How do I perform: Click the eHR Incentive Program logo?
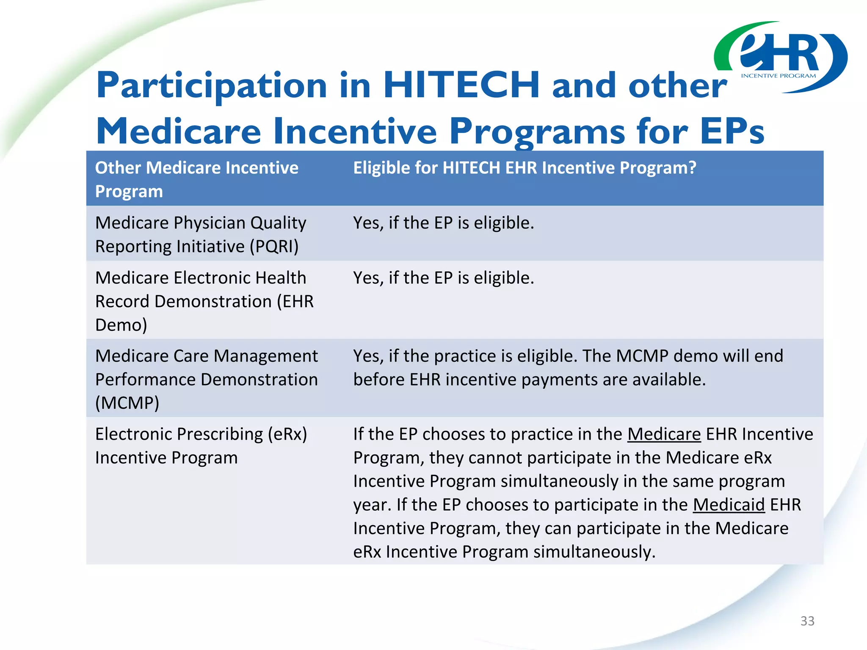[780, 57]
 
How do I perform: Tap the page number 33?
[807, 621]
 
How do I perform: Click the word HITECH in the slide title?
[461, 85]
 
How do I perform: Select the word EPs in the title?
[732, 131]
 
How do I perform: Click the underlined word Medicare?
[664, 434]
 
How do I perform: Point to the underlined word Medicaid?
[729, 505]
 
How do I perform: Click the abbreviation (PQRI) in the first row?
[274, 247]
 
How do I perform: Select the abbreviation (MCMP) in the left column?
[127, 403]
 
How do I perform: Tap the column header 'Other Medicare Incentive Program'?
[196, 179]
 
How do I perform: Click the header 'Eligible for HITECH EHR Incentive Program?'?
[525, 168]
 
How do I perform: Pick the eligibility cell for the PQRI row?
[444, 223]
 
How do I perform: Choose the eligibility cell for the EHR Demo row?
[444, 278]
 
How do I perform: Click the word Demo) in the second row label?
[121, 325]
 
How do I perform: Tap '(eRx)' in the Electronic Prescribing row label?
[287, 434]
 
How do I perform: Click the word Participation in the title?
[212, 85]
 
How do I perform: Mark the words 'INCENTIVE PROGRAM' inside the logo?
[778, 76]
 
